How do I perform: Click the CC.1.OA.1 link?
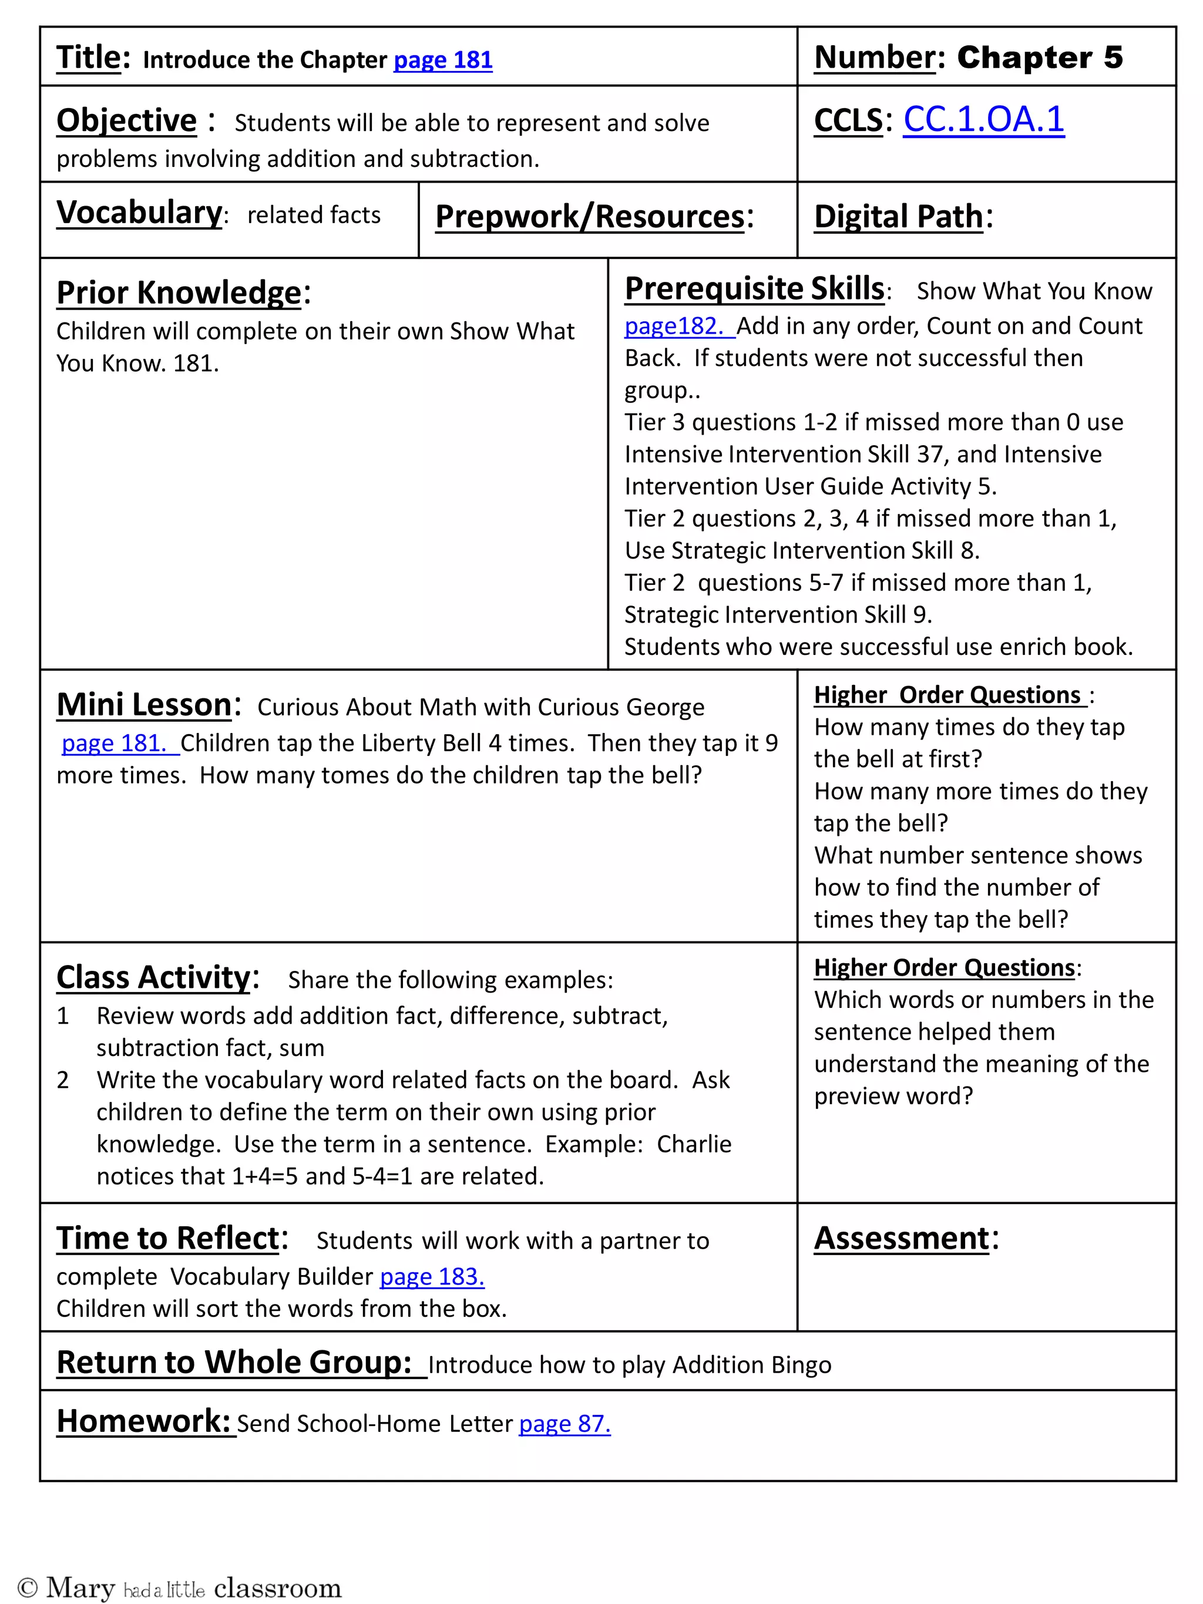[983, 120]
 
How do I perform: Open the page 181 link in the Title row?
[442, 60]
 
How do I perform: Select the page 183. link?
[432, 1276]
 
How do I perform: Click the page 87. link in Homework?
[564, 1424]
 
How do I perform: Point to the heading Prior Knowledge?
[179, 293]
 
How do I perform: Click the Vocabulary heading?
[139, 213]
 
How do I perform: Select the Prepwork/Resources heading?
[590, 217]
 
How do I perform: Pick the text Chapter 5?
[1039, 58]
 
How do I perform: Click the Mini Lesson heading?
[145, 705]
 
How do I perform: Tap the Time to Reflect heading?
[167, 1239]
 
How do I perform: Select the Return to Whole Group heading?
[234, 1363]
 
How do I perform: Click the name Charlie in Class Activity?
[693, 1144]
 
